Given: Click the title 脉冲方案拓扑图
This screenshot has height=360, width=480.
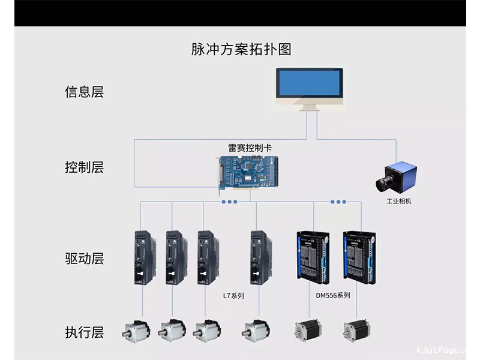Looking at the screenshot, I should pos(241,49).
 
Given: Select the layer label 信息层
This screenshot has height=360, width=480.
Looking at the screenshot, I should pos(84,92).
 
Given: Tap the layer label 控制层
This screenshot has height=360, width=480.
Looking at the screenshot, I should pos(84,167).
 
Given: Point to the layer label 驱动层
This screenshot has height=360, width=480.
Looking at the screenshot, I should pos(84,259).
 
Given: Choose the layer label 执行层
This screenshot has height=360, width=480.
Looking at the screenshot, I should pos(84,332).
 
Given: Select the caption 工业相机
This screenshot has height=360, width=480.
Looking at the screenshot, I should pos(399,201).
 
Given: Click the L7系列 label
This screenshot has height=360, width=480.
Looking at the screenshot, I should pos(233,296).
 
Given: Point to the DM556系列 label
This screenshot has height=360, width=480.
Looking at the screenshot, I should pos(332,295).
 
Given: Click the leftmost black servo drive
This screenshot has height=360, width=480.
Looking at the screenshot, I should pos(145,257).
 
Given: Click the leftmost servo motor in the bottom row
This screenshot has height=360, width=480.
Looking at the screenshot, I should pos(137,331).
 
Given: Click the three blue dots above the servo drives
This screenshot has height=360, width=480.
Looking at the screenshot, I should pos(230,202).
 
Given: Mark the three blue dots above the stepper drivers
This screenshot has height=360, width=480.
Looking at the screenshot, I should pos(338,202).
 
